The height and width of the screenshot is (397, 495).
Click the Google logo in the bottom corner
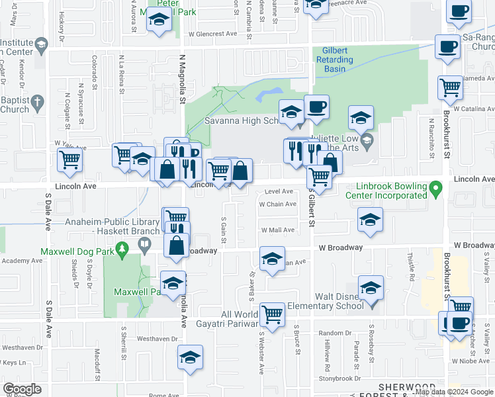(x=22, y=389)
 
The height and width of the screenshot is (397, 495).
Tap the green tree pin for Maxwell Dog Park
(x=121, y=249)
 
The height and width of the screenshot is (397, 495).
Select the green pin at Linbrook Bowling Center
(x=435, y=189)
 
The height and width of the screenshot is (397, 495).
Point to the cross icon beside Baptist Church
(x=38, y=103)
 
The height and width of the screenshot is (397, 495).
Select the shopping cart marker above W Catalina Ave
(x=450, y=87)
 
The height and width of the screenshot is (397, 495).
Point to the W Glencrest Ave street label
(x=212, y=33)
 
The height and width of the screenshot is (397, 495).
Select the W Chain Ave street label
(x=277, y=204)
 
